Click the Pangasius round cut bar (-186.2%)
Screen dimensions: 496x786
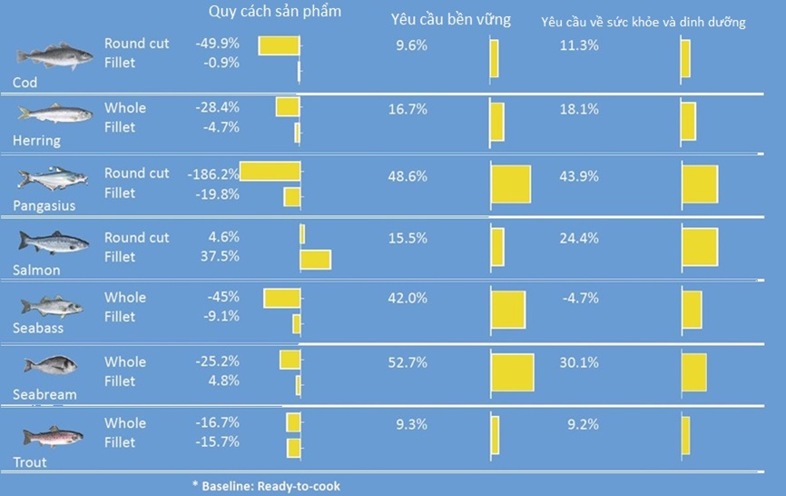tap(270, 173)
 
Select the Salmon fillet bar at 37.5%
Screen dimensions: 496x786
tap(315, 260)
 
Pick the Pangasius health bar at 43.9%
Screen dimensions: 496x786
tap(700, 184)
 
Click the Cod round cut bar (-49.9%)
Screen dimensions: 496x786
tap(279, 45)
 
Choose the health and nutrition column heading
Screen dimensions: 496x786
tap(643, 22)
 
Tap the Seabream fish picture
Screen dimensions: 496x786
tap(51, 366)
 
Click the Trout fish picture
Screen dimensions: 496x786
tap(53, 437)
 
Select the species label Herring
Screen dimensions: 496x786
tap(36, 141)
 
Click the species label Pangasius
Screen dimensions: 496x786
tap(44, 205)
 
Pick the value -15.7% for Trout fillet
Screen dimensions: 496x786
tap(218, 442)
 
